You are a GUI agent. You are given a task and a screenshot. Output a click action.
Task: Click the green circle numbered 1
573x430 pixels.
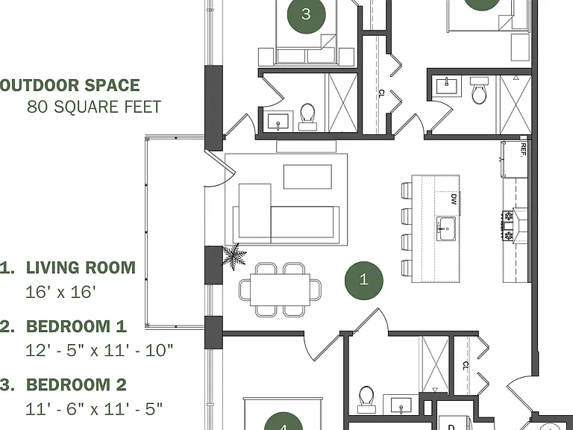tap(363, 281)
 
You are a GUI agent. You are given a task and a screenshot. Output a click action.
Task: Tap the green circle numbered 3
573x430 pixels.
tap(306, 15)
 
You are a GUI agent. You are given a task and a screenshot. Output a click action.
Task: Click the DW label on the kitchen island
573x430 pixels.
tap(454, 199)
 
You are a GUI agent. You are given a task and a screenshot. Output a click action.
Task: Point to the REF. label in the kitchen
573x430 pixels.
tap(523, 149)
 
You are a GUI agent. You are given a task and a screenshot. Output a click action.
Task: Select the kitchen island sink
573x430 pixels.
tap(446, 229)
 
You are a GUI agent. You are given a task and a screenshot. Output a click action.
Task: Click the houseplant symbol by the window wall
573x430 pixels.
tap(234, 255)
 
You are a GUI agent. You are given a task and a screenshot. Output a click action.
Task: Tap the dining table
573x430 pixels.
tap(280, 290)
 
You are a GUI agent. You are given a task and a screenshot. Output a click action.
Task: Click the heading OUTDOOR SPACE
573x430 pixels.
tap(69, 85)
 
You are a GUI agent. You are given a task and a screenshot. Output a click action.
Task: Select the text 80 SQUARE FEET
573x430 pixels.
tap(94, 107)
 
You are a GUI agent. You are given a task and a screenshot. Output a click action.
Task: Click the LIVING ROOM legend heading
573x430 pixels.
tap(81, 268)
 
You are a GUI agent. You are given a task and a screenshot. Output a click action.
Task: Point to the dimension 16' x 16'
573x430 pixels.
tap(60, 292)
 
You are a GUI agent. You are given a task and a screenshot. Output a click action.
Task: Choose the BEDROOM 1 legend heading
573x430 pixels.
tap(76, 326)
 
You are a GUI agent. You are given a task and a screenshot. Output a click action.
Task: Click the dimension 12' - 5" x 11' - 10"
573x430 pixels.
tap(99, 350)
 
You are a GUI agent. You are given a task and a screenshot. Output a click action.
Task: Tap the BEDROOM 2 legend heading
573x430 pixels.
tap(76, 384)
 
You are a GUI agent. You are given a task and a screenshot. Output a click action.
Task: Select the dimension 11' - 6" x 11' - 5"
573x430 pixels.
tap(94, 409)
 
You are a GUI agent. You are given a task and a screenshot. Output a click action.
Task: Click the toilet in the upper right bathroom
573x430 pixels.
tap(479, 90)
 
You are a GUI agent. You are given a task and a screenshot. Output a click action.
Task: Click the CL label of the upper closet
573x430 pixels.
tap(381, 93)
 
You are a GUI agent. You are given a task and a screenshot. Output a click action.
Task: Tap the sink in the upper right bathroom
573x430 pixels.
tap(446, 87)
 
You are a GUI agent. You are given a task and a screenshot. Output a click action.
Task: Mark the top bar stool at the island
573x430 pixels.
tap(407, 190)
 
